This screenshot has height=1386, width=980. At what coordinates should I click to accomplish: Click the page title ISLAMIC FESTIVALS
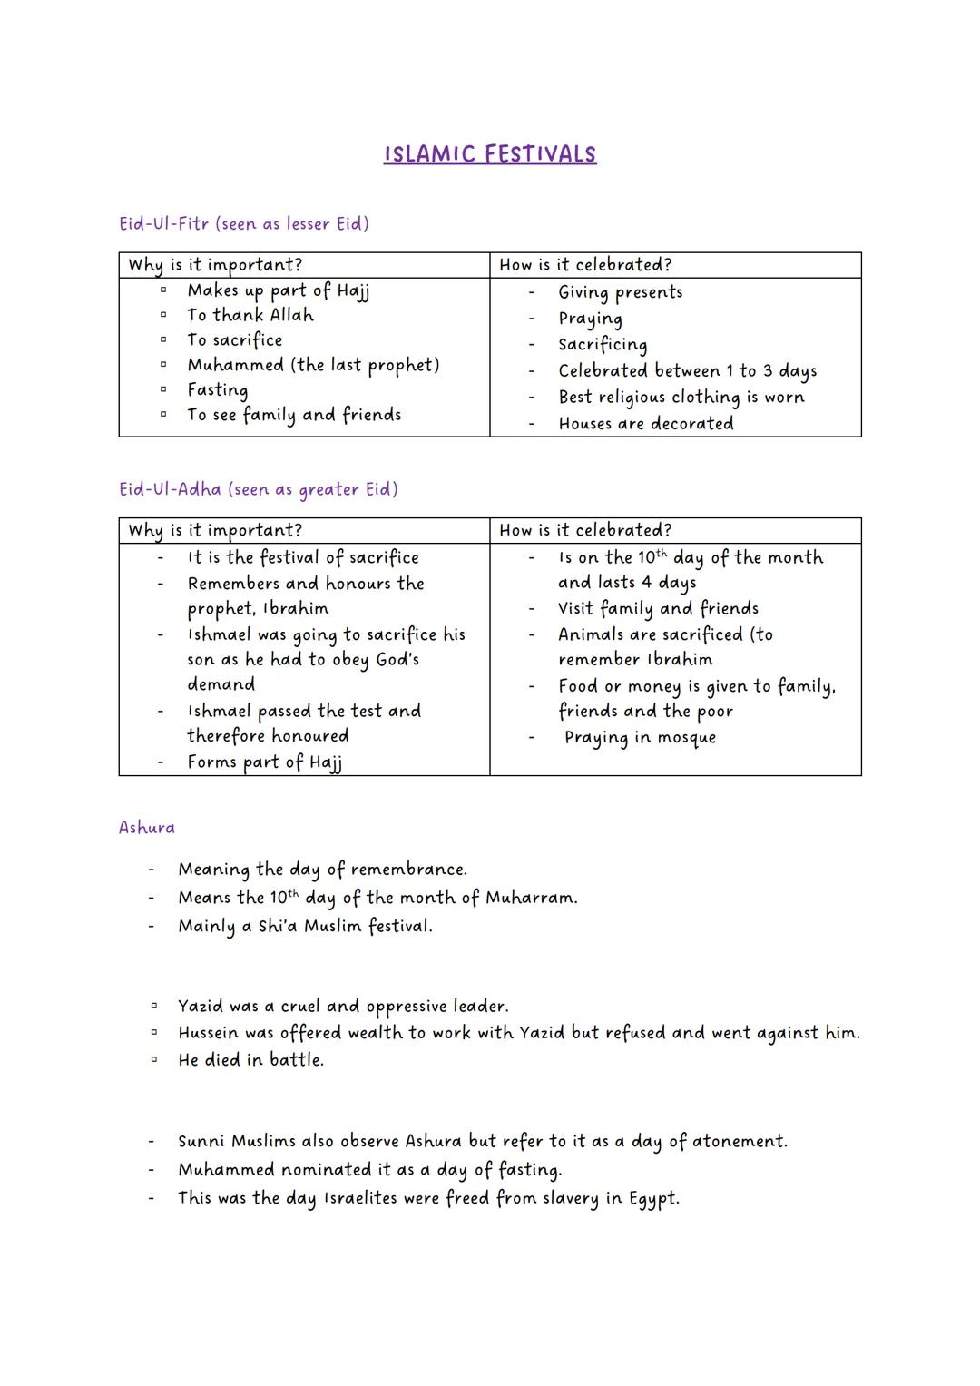pyautogui.click(x=490, y=153)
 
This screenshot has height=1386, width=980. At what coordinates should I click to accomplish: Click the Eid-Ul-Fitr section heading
pyautogui.click(x=244, y=223)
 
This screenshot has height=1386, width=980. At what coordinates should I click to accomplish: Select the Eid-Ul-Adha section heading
pyautogui.click(x=259, y=489)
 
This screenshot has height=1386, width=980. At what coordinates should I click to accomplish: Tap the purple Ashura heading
pyautogui.click(x=147, y=828)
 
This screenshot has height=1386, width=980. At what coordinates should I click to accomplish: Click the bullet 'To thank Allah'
pyautogui.click(x=250, y=315)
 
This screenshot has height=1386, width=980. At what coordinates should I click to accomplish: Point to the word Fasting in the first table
pyautogui.click(x=218, y=390)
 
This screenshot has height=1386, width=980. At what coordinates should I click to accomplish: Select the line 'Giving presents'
pyautogui.click(x=621, y=292)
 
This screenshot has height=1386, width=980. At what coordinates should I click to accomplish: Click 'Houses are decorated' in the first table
pyautogui.click(x=646, y=424)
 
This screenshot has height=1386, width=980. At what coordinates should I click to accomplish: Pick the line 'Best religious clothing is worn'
pyautogui.click(x=681, y=398)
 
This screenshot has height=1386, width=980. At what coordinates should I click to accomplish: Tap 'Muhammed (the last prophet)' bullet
pyautogui.click(x=313, y=365)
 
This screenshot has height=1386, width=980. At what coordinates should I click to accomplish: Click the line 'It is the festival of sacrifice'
pyautogui.click(x=303, y=557)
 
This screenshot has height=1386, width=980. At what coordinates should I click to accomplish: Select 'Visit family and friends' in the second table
pyautogui.click(x=658, y=608)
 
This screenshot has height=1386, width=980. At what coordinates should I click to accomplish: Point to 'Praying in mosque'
pyautogui.click(x=640, y=738)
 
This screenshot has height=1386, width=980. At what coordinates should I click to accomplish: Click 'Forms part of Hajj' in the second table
pyautogui.click(x=264, y=762)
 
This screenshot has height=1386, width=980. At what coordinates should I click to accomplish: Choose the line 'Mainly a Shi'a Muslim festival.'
pyautogui.click(x=305, y=927)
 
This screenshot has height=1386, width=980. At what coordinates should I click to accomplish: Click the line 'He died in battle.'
pyautogui.click(x=250, y=1060)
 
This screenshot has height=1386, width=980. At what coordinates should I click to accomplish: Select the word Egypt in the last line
pyautogui.click(x=652, y=1199)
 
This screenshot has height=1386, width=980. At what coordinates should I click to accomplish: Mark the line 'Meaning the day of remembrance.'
pyautogui.click(x=322, y=870)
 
